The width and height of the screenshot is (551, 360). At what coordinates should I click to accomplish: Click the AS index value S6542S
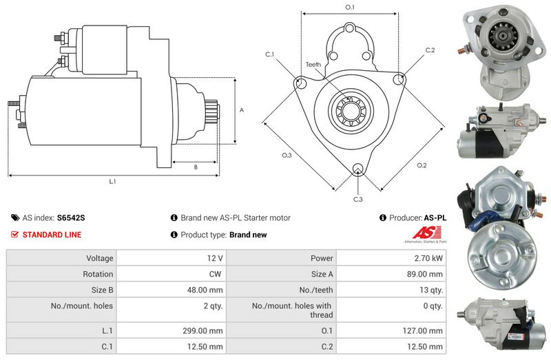point(71,218)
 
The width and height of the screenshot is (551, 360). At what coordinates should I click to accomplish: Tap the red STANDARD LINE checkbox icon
point(14,234)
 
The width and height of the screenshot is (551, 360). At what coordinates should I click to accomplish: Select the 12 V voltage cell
point(215,258)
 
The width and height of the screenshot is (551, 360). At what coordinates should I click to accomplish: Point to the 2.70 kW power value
point(428,258)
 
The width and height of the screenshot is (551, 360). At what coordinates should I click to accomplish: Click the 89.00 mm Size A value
point(425,274)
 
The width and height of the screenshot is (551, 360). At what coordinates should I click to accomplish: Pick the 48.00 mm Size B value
point(205,290)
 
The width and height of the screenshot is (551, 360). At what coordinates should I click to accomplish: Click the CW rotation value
point(215,274)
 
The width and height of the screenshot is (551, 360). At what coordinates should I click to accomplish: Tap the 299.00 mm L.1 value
point(202,331)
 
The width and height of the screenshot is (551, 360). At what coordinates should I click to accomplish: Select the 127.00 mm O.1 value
point(423,331)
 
